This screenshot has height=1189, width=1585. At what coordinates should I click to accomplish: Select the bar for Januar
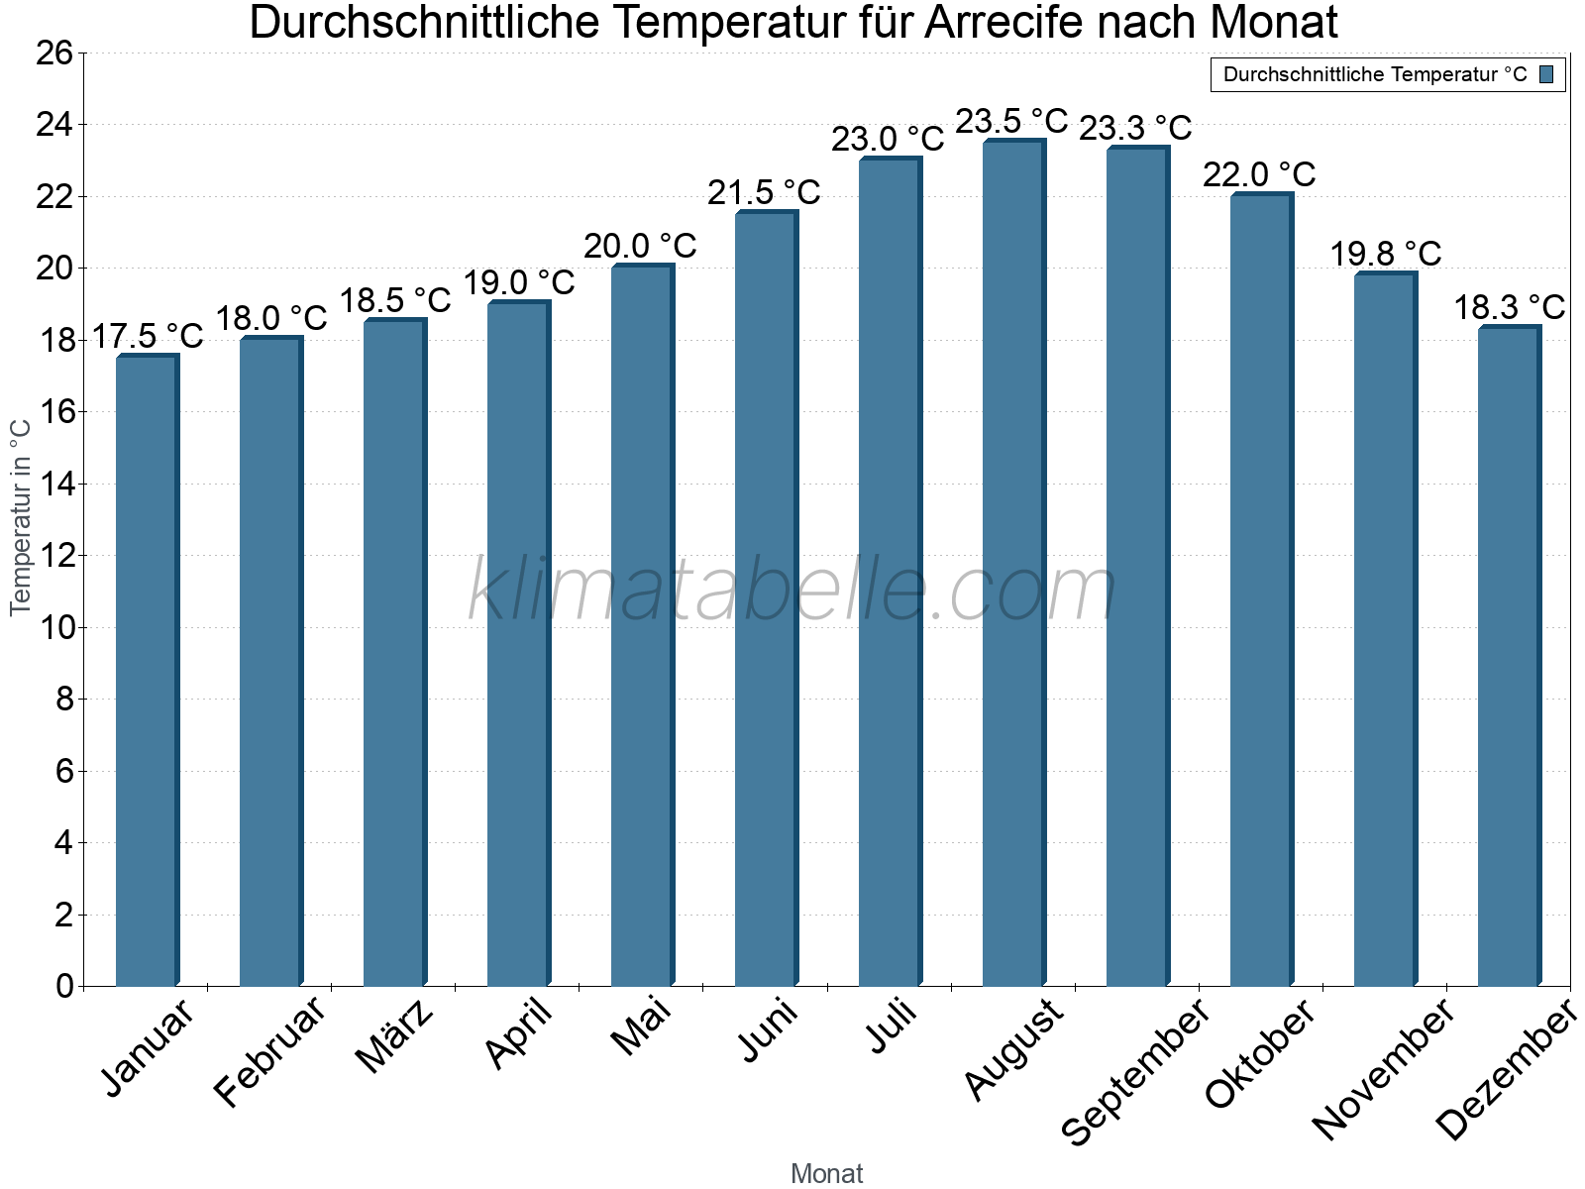pos(147,670)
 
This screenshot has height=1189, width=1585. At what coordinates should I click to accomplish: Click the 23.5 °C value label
pos(1011,121)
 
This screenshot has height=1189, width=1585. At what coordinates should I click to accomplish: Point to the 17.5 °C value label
pos(148,336)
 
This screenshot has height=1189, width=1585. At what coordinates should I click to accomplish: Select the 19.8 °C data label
pos(1385,254)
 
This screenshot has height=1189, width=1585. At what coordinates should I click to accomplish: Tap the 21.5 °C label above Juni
pos(764,192)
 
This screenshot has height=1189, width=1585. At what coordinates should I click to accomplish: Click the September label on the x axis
pos(1135,1070)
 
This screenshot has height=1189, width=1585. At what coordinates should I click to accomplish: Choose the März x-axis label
pos(394,1036)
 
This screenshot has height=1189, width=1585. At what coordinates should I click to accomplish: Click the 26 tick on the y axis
pos(54,53)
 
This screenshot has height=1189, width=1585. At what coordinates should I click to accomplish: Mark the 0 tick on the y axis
pos(64,986)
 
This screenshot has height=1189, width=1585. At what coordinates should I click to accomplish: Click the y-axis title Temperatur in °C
pos(21,517)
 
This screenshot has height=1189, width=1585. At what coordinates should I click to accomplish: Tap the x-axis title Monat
pos(827,1173)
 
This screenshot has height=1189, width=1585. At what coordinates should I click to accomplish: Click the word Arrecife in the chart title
pos(1002,22)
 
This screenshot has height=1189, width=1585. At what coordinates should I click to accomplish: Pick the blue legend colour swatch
pos(1546,74)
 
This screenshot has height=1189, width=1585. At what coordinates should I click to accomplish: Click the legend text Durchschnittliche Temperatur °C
pos(1375,74)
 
